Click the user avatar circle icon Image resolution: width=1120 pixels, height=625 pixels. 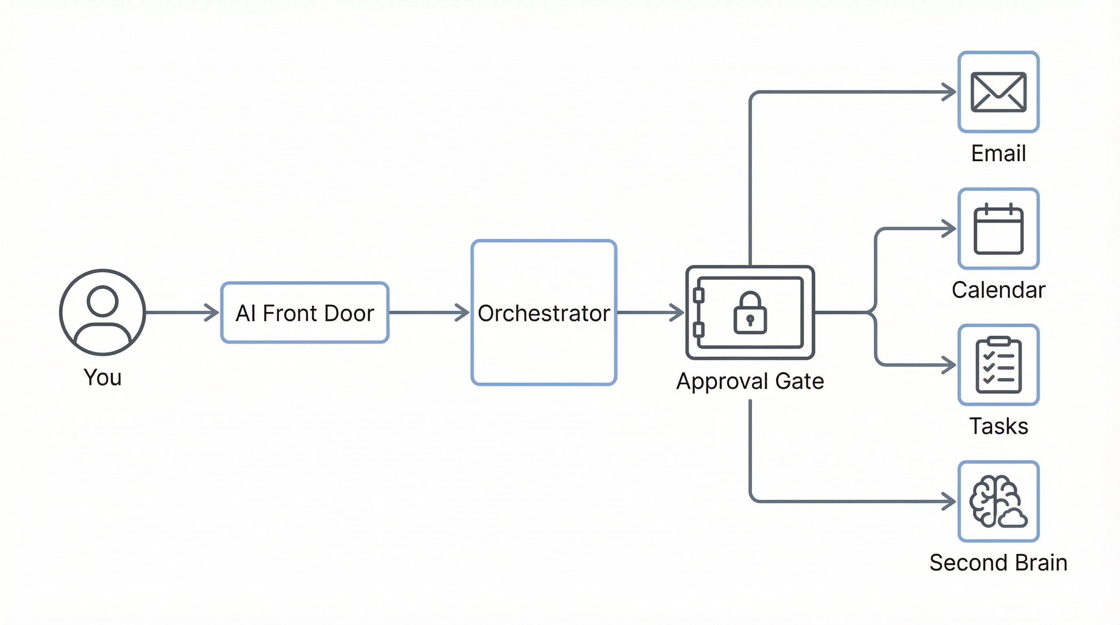(103, 312)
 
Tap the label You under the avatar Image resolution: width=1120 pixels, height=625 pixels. (103, 377)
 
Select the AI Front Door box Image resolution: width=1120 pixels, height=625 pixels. (304, 312)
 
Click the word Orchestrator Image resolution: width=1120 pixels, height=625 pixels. (543, 313)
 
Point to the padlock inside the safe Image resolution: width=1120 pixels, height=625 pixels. (750, 313)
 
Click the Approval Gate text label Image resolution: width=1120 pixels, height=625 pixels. (750, 381)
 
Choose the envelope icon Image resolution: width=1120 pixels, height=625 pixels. (998, 92)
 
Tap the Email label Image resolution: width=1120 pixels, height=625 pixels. (998, 153)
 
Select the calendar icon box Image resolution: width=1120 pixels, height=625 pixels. (998, 229)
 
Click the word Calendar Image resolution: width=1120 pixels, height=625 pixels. (998, 290)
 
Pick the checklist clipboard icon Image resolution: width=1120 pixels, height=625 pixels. (998, 365)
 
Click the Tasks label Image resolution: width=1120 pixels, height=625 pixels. (998, 426)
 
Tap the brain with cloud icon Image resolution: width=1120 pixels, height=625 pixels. (998, 502)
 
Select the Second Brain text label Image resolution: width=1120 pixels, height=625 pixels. (998, 563)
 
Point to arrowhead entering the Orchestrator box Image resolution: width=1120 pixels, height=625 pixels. (463, 312)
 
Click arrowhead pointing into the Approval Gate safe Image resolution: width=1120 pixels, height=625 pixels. (677, 312)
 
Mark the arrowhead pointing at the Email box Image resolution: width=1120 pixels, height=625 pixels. (949, 92)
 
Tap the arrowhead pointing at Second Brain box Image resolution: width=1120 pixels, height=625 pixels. (949, 502)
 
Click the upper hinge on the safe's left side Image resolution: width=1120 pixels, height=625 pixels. (699, 295)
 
